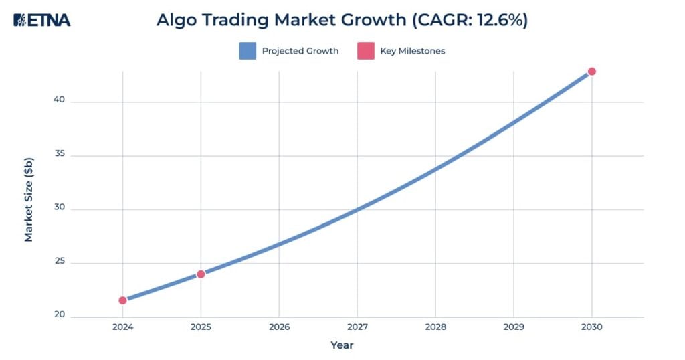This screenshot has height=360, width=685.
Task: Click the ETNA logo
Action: coord(42,20)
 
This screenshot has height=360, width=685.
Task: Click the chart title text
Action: coord(342,20)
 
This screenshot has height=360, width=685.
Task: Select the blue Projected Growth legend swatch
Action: coord(248,51)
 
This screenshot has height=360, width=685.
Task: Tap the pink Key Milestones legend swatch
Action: coord(365,51)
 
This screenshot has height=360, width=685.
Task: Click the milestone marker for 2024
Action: coord(122,300)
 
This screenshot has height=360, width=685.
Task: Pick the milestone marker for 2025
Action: coord(201,274)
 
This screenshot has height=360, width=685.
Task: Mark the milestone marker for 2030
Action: coord(591,72)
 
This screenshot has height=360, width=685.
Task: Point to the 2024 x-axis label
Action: coord(122,328)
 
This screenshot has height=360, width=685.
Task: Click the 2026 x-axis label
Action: coord(279,328)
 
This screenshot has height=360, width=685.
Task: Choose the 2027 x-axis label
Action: coord(357,328)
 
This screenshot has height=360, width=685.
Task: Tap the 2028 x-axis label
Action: coord(435,328)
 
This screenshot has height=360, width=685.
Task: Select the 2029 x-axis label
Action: coord(513,328)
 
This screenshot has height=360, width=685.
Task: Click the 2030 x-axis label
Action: coord(591,328)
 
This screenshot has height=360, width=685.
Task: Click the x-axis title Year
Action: coord(342,345)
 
